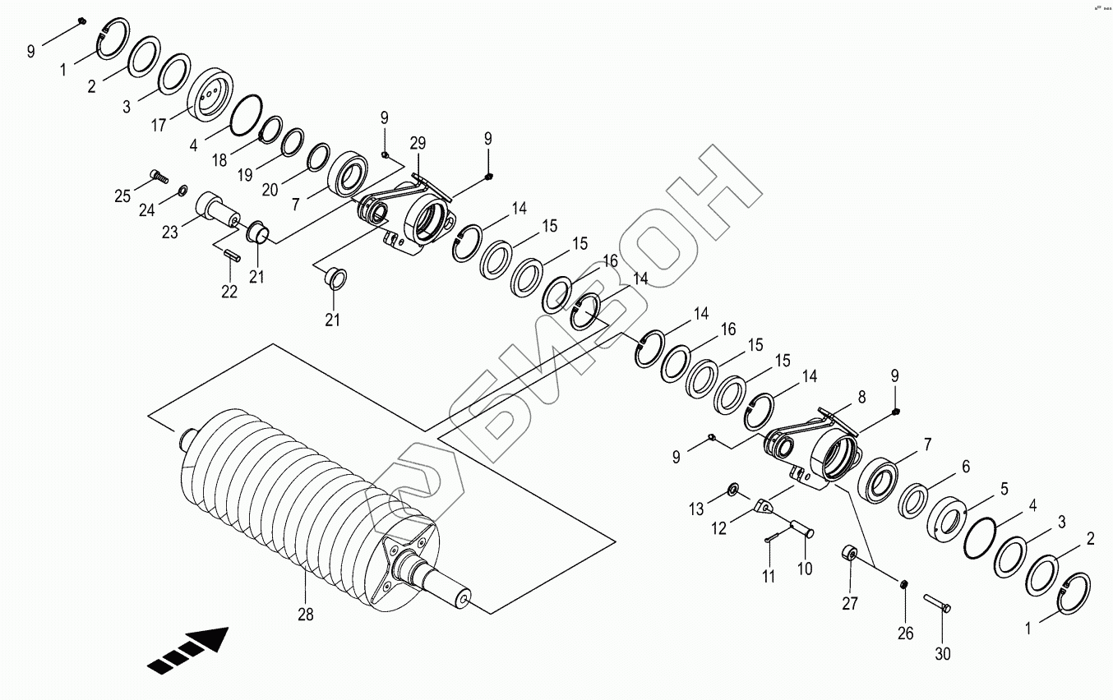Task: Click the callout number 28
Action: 305,613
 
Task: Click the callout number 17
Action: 159,125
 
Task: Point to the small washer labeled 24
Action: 182,191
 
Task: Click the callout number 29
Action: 418,144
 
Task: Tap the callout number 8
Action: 861,396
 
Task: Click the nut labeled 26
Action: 904,584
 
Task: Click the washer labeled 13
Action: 732,491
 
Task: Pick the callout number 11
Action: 768,576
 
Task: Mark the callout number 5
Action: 1004,490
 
